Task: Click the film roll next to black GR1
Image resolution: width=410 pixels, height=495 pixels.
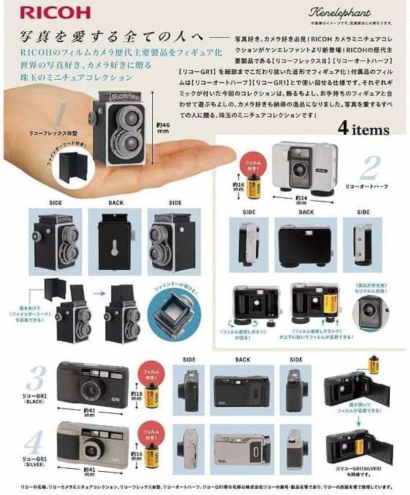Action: [x=153, y=396]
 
